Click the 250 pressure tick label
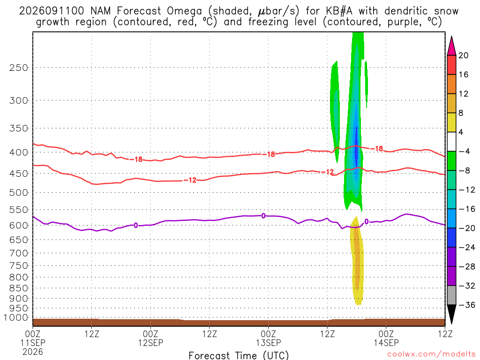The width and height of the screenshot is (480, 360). [19, 67]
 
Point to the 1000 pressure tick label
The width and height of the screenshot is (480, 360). [15, 318]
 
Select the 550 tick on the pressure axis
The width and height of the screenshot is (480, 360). [19, 210]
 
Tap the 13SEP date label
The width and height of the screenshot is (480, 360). [269, 343]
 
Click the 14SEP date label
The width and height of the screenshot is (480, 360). [386, 343]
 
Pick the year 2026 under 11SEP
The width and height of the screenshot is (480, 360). [33, 352]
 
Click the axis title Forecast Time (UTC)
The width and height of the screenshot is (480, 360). [239, 355]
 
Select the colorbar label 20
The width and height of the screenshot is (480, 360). [464, 55]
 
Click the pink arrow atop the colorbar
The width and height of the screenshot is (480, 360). [451, 46]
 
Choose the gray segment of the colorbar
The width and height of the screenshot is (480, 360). [451, 295]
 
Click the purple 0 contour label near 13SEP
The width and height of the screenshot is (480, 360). [263, 216]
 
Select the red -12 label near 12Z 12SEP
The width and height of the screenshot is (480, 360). [192, 180]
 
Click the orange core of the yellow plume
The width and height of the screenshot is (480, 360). [357, 257]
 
